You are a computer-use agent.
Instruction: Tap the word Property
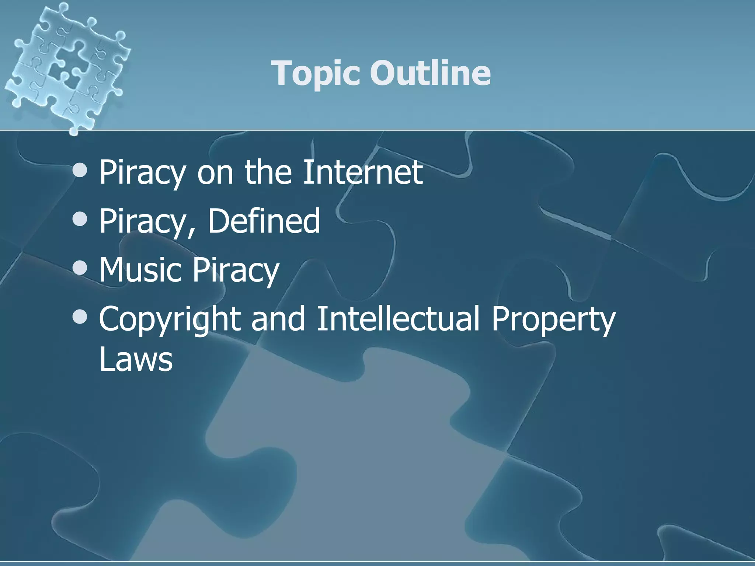(553, 319)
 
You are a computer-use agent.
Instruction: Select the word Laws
(136, 359)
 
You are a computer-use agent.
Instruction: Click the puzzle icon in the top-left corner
(66, 66)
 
